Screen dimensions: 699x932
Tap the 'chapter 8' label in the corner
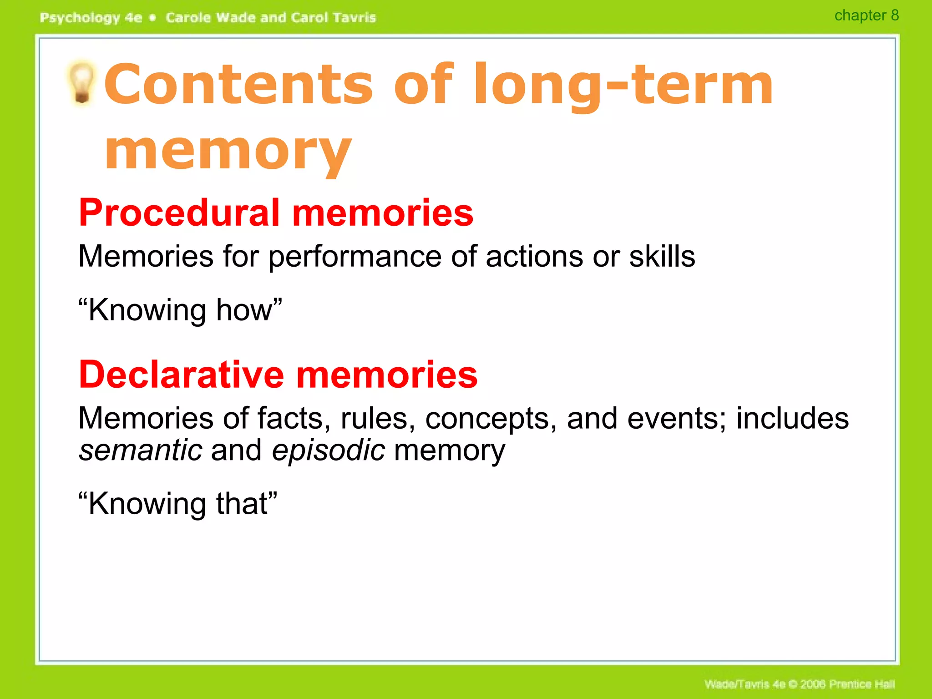[866, 15]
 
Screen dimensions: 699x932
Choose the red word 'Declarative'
[182, 375]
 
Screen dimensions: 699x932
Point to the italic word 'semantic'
[141, 450]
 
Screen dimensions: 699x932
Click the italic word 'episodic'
[328, 451]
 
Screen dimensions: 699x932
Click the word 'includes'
[792, 418]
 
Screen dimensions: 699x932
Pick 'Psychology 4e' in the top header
[91, 18]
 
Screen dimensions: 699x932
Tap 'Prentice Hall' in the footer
[862, 684]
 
